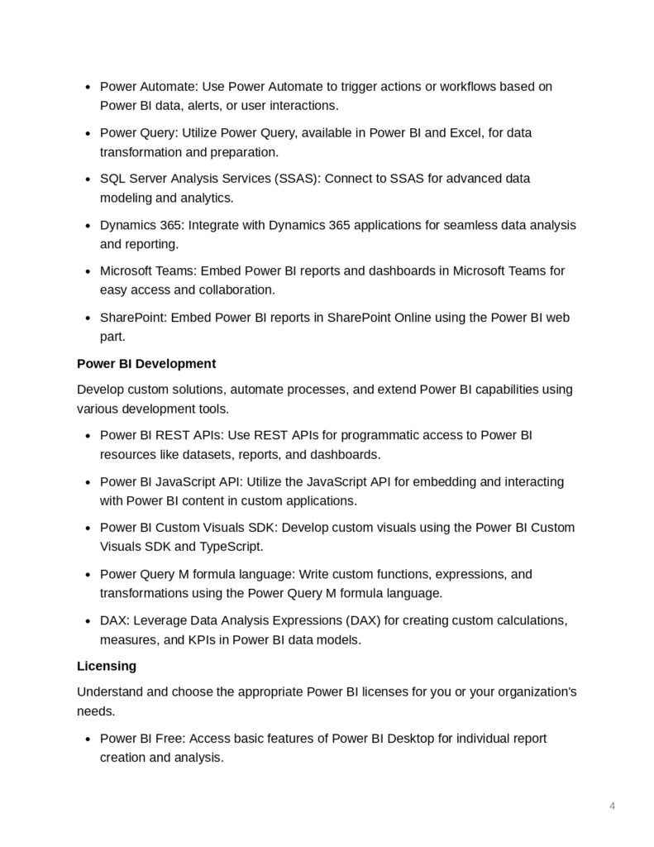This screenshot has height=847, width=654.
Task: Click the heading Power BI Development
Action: tap(146, 363)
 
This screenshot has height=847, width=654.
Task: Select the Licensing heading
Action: tap(106, 665)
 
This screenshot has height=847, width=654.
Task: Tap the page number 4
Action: tap(612, 806)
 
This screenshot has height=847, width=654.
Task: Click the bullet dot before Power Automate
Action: tap(88, 87)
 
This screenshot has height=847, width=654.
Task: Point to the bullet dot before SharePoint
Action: tap(88, 318)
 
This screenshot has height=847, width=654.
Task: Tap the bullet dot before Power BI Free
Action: tap(88, 739)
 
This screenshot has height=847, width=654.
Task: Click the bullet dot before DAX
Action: tap(88, 620)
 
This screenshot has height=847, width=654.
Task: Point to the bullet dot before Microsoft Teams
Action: tap(88, 271)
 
